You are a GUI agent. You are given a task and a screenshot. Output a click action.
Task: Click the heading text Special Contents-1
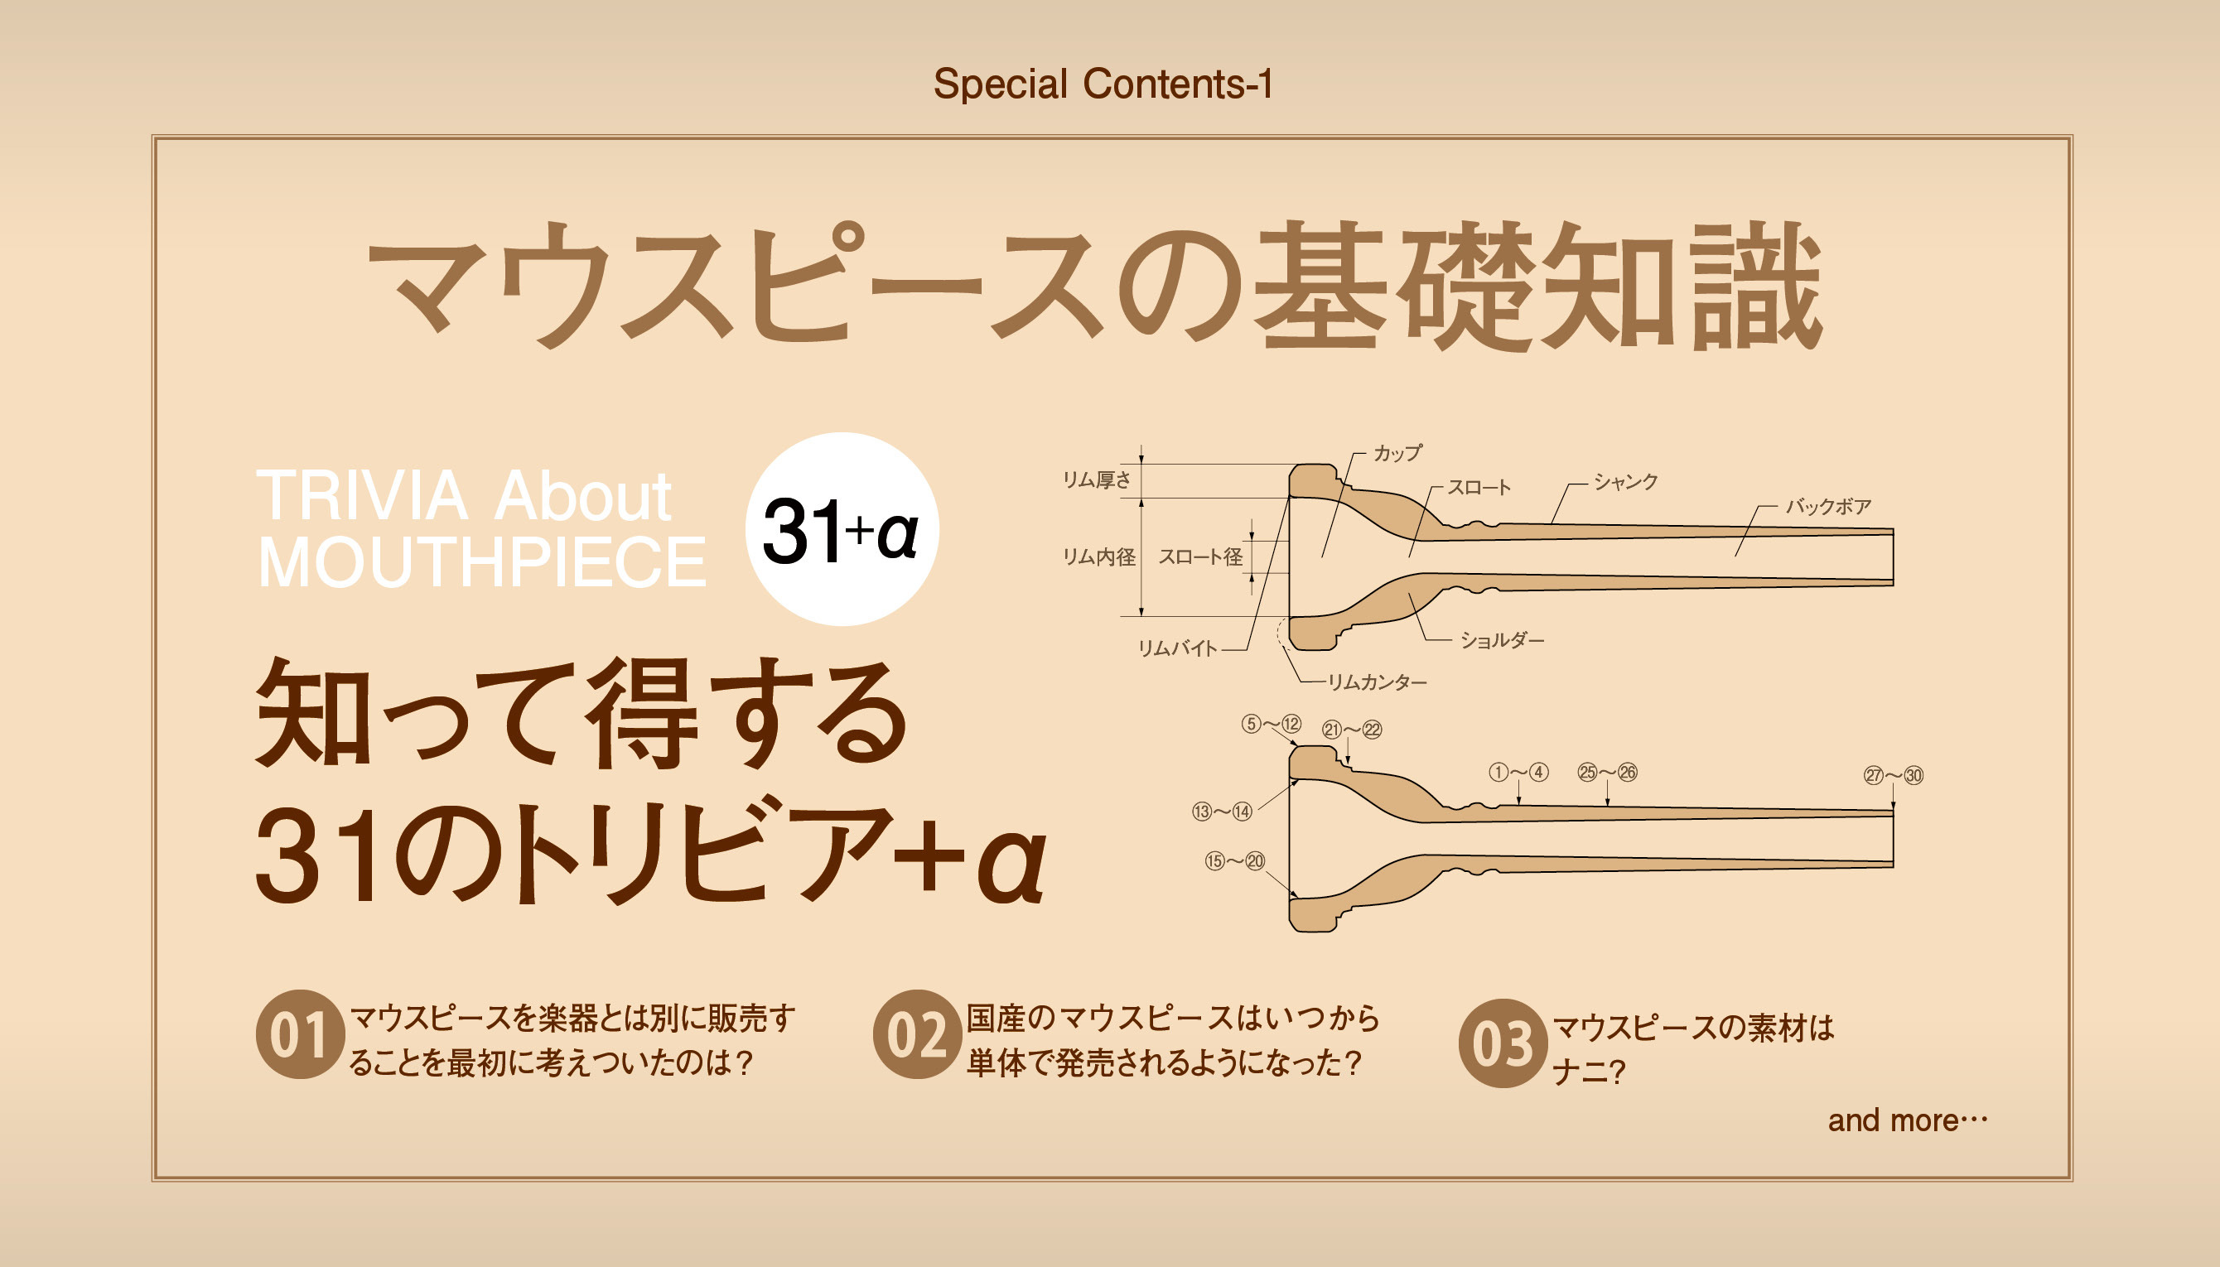pyautogui.click(x=1103, y=85)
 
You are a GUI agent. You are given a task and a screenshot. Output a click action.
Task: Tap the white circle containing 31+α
pyautogui.click(x=842, y=529)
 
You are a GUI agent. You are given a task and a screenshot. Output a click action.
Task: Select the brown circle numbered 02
pyautogui.click(x=916, y=1034)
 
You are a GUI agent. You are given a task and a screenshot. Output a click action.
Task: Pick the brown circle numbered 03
pyautogui.click(x=1502, y=1043)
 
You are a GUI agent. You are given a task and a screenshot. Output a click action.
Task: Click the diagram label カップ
pyautogui.click(x=1397, y=452)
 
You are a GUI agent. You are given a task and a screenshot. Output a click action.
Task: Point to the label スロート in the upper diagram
pyautogui.click(x=1479, y=487)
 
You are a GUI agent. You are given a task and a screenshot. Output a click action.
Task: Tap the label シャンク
pyautogui.click(x=1625, y=481)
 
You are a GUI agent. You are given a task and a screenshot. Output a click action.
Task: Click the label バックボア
pyautogui.click(x=1828, y=506)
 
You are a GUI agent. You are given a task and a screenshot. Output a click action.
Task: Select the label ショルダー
pyautogui.click(x=1502, y=640)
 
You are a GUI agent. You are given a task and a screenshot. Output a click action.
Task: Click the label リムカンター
pyautogui.click(x=1377, y=682)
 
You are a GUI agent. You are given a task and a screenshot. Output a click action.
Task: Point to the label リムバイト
pyautogui.click(x=1177, y=648)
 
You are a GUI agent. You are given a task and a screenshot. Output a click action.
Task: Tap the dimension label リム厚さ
pyautogui.click(x=1097, y=479)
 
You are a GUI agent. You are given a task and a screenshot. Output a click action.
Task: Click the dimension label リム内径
pyautogui.click(x=1099, y=557)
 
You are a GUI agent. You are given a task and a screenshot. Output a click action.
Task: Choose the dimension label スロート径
pyautogui.click(x=1200, y=557)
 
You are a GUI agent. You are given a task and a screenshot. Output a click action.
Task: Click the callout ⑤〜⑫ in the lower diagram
pyautogui.click(x=1272, y=724)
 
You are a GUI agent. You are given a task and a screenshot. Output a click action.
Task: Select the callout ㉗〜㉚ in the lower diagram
pyautogui.click(x=1894, y=774)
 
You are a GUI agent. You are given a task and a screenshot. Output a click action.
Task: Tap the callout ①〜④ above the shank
pyautogui.click(x=1518, y=772)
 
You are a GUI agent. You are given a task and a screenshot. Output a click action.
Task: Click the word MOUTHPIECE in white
pyautogui.click(x=482, y=562)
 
